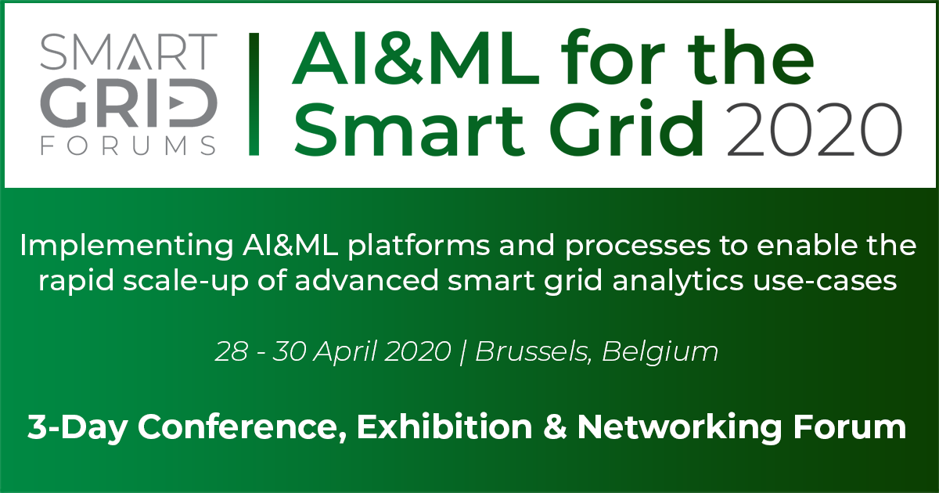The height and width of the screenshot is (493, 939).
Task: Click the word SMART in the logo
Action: [128, 52]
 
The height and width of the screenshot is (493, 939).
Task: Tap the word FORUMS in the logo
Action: [128, 146]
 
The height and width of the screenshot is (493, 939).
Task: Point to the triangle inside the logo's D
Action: [176, 103]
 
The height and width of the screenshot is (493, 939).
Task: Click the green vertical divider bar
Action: [254, 95]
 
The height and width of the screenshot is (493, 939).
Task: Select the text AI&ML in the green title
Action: [416, 58]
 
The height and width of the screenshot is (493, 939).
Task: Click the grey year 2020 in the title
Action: [814, 130]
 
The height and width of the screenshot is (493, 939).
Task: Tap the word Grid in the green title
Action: [626, 128]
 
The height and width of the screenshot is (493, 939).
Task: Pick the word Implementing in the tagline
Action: [127, 246]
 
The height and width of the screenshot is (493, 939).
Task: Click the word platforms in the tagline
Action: [419, 246]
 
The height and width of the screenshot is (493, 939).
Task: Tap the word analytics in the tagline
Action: [678, 281]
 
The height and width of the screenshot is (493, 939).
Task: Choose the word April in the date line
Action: [346, 352]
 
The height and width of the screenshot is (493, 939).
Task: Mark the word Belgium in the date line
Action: [660, 352]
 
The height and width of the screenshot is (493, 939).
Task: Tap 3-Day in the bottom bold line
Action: [77, 427]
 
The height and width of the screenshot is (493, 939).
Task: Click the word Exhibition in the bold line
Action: [444, 426]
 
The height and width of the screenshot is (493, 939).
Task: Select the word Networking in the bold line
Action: [679, 427]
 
